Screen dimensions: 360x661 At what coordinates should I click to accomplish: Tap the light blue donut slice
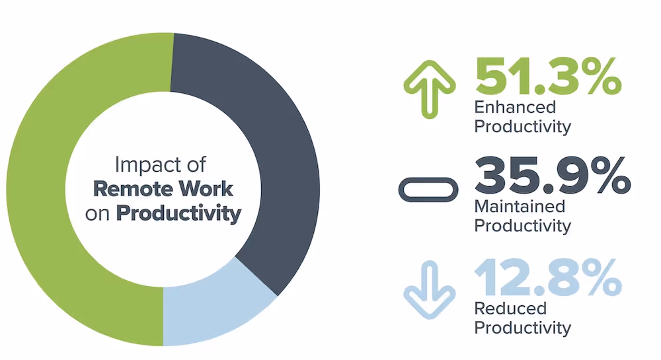212,310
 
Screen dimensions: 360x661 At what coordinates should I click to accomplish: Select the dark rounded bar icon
428,190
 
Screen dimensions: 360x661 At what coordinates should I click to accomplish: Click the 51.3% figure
548,78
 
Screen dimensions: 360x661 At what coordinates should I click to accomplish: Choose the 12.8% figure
547,277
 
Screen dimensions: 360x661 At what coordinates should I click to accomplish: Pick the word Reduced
502,308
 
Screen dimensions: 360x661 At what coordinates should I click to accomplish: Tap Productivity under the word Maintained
522,225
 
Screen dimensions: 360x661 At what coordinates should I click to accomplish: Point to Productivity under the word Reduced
522,326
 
